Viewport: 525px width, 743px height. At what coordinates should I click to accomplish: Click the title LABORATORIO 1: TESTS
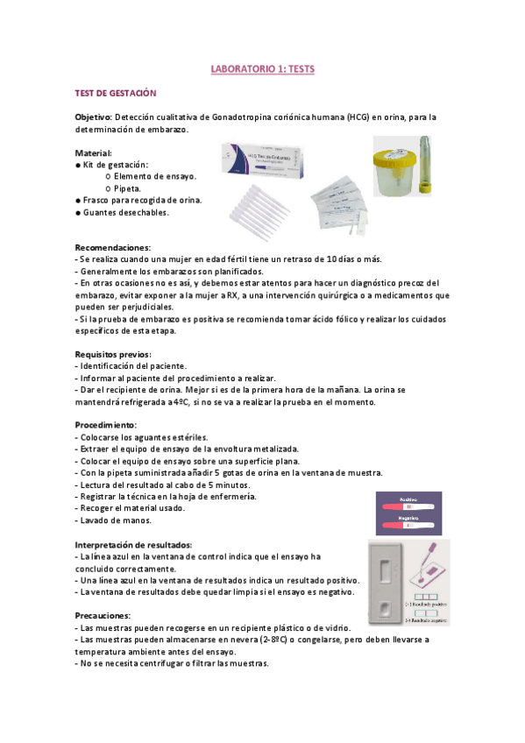point(263,67)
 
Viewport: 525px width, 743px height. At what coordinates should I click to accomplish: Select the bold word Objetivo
point(93,117)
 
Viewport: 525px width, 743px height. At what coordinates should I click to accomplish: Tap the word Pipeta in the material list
point(129,188)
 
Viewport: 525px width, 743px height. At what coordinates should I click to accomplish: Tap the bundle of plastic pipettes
point(263,209)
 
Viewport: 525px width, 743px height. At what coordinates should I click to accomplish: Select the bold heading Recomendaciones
point(112,247)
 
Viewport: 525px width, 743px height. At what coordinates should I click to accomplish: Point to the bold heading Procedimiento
point(105,424)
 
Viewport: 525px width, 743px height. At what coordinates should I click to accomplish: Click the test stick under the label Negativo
point(405,526)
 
